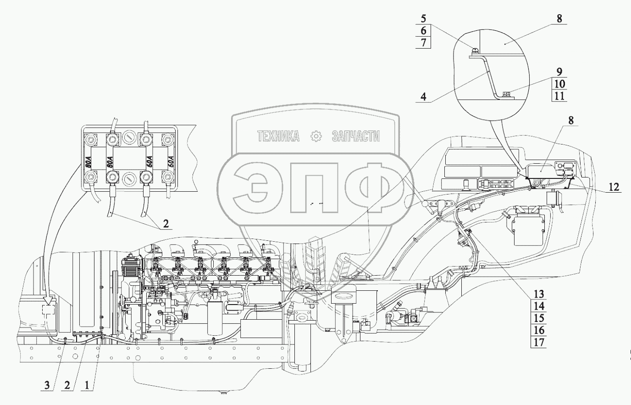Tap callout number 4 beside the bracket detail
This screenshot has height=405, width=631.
pos(423,97)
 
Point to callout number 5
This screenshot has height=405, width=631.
pos(423,20)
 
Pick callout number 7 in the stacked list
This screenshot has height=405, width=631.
pos(423,43)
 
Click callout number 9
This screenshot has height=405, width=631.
pos(559,72)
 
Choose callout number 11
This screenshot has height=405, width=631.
pos(559,96)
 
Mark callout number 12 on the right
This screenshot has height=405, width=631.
pos(614,187)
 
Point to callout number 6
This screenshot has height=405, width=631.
pos(423,31)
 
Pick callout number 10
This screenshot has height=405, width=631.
pos(559,84)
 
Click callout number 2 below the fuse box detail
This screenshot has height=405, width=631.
pos(166,224)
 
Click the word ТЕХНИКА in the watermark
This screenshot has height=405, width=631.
pos(278,136)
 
